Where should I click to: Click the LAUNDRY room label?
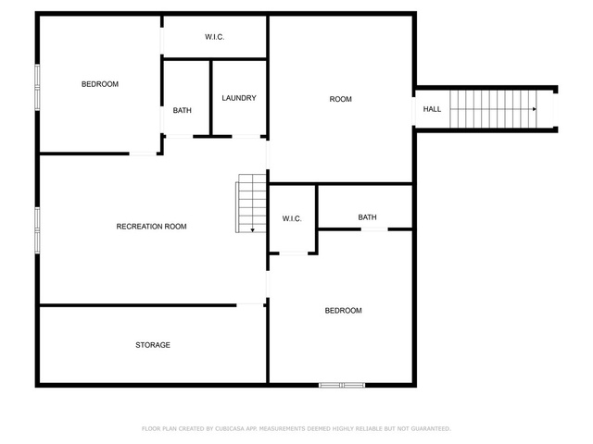click(239, 98)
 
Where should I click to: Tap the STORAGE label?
click(153, 345)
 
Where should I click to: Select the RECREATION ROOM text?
click(151, 227)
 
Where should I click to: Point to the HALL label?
click(432, 109)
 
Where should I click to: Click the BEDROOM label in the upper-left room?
click(100, 84)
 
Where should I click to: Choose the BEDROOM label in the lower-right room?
click(344, 311)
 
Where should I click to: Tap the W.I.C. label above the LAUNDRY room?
click(214, 37)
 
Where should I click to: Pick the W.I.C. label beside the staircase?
click(292, 218)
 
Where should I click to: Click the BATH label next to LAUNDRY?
click(182, 111)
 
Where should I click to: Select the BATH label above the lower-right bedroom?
click(367, 217)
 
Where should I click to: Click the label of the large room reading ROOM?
click(340, 99)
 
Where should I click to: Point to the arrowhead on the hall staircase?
click(535, 109)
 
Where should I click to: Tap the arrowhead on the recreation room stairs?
click(252, 230)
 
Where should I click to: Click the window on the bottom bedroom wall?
click(342, 385)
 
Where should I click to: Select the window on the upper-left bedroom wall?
click(37, 87)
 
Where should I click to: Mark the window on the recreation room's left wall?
click(37, 230)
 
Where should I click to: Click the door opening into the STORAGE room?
click(250, 304)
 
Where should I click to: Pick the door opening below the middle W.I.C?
click(294, 253)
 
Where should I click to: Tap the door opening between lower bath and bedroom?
click(374, 229)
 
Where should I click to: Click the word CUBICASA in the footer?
click(230, 429)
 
